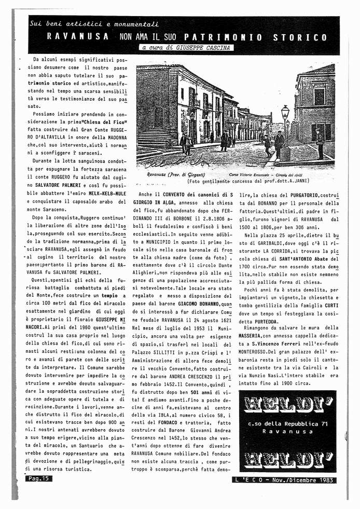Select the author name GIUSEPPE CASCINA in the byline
203,48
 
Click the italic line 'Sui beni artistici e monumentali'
94,24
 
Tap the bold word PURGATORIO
309,195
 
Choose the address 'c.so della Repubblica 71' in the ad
287,423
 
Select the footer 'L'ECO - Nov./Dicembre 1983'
284,479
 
